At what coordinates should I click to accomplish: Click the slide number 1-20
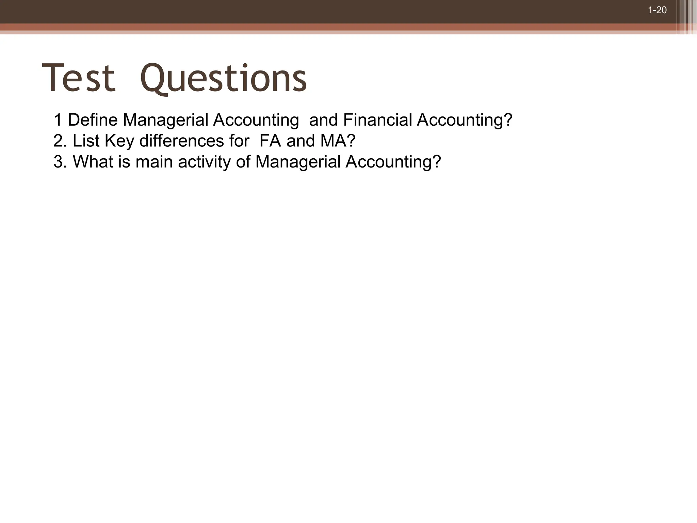pos(657,10)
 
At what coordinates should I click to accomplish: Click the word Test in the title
pos(79,78)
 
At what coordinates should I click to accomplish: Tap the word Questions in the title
pos(224,79)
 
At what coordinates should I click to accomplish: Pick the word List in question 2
pos(86,141)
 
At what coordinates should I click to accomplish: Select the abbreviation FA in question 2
pos(270,141)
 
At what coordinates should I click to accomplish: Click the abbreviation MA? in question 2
pos(338,141)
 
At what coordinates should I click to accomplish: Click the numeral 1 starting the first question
pos(58,120)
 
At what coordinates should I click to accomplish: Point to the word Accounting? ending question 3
pos(393,162)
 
